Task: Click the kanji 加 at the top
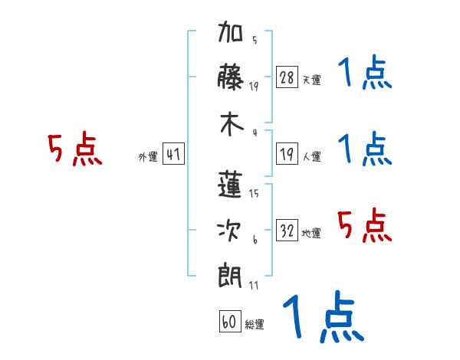(x=230, y=31)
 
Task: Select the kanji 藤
(x=230, y=77)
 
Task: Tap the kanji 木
(x=232, y=124)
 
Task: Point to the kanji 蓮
(x=230, y=185)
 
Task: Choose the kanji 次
(x=229, y=231)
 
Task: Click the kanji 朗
(x=230, y=277)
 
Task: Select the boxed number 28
(x=287, y=77)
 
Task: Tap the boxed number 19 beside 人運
(x=287, y=153)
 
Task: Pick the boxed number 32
(x=287, y=230)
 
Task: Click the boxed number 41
(x=173, y=153)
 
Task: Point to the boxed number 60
(x=230, y=321)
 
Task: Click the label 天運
(x=312, y=80)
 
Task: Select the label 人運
(x=312, y=156)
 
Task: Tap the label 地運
(x=311, y=233)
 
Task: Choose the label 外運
(x=148, y=156)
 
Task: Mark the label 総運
(x=255, y=324)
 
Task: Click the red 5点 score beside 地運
(x=365, y=225)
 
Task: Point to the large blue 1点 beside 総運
(x=324, y=316)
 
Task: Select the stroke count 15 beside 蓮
(x=254, y=193)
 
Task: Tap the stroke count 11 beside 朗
(x=254, y=285)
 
